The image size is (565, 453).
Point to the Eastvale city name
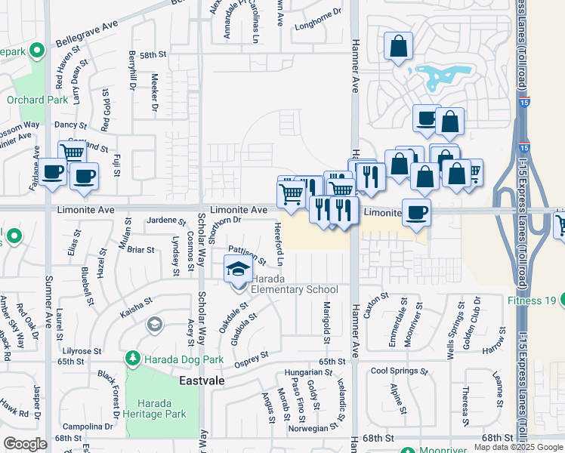(202, 381)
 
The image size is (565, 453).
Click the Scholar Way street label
(202, 242)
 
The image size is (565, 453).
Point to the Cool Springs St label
(399, 371)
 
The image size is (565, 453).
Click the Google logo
(25, 444)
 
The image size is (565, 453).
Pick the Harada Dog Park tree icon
(133, 356)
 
